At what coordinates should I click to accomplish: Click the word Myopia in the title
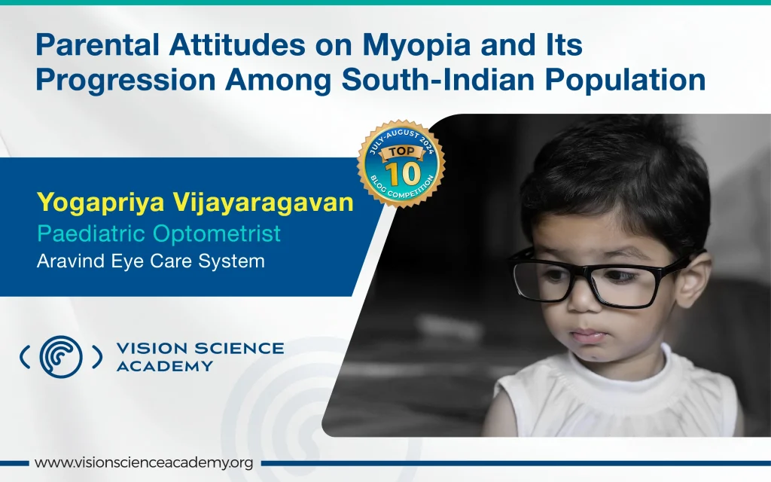pos(416,46)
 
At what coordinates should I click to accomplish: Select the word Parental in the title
pos(97,44)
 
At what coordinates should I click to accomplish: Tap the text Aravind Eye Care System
pos(151,261)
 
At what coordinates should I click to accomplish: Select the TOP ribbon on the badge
pos(402,151)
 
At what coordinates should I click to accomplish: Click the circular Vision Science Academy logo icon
pos(61,356)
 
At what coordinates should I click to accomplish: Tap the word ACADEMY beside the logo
pos(165,367)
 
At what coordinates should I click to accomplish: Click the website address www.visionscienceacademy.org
pos(144,463)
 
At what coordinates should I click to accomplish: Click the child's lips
pos(588,336)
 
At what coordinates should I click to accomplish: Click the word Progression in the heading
pos(126,81)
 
